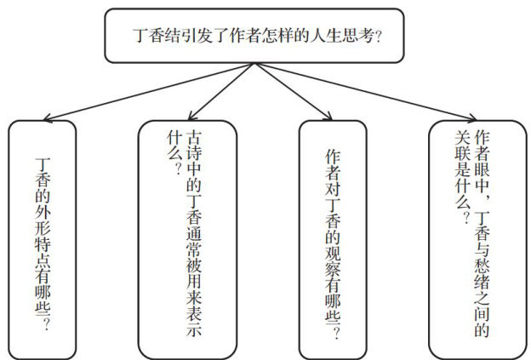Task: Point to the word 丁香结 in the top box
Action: click(x=156, y=37)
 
